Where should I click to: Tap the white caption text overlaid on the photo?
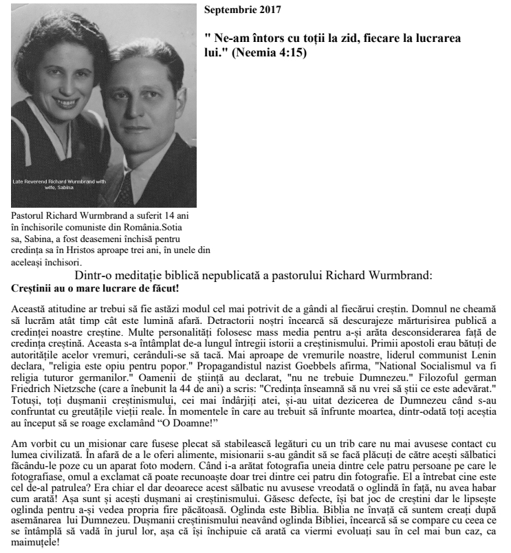pyautogui.click(x=59, y=184)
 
